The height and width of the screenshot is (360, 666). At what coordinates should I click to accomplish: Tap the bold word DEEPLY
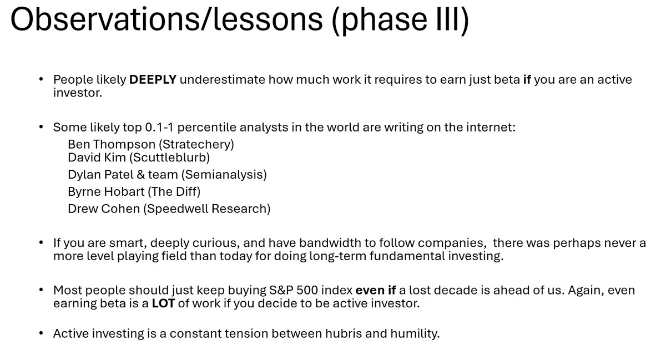[x=153, y=80]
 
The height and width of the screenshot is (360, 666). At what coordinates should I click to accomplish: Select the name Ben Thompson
[x=112, y=144]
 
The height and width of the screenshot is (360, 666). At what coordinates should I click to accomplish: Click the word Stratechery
[x=196, y=144]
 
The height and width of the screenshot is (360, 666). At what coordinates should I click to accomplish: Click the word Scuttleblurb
[x=169, y=158]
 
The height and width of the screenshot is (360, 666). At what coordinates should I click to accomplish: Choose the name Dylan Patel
[x=101, y=175]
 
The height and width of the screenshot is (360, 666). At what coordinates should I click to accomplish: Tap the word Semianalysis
[x=224, y=175]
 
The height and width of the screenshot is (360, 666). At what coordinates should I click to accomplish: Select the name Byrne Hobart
[x=106, y=192]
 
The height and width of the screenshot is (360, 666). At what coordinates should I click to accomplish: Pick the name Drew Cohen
[x=104, y=209]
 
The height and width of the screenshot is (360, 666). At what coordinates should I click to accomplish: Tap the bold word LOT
[x=163, y=303]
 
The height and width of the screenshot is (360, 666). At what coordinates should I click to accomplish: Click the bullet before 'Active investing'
[x=41, y=333]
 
